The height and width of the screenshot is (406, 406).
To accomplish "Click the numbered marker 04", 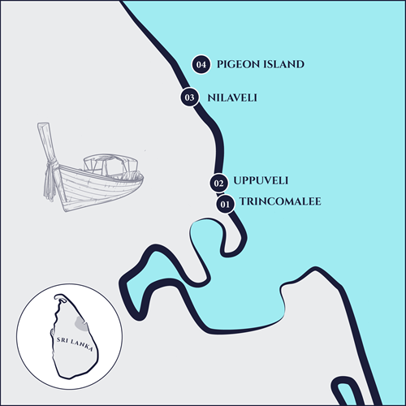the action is point(201,64).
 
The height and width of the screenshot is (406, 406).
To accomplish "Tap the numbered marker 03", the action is point(190,97).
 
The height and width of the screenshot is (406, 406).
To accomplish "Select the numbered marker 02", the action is point(218,184).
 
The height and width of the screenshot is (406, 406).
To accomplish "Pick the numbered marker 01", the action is point(225,204).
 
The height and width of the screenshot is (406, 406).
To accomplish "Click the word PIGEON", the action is point(235,64).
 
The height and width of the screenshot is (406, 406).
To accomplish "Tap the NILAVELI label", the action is point(232,97).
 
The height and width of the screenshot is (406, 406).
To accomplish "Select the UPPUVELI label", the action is point(261,180).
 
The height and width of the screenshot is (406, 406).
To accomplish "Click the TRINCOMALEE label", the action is point(280,201).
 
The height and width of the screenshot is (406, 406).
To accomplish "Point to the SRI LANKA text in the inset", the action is point(75,344).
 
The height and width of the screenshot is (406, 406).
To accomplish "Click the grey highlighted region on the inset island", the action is point(81,323).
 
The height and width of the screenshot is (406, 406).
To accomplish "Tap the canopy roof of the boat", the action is point(110,159).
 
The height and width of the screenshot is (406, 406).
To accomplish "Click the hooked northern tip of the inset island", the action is point(60,297).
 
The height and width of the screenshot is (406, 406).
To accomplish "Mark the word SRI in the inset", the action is point(63,340).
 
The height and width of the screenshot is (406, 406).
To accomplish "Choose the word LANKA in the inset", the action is point(82,345).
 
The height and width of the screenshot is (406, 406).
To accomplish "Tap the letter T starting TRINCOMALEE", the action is point(243,201).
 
